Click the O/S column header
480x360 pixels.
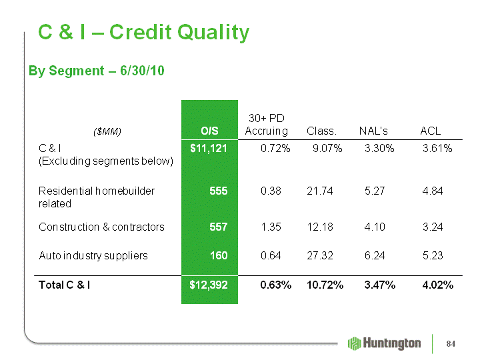pyautogui.click(x=209, y=131)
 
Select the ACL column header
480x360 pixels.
pyautogui.click(x=431, y=131)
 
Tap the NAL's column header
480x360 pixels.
pyautogui.click(x=373, y=131)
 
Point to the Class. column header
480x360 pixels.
pyautogui.click(x=321, y=131)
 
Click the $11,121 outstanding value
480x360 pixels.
pyautogui.click(x=209, y=149)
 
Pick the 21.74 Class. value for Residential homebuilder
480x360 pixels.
pyautogui.click(x=319, y=191)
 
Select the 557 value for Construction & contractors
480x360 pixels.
pyautogui.click(x=218, y=227)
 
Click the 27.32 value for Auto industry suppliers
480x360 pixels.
pyautogui.click(x=319, y=255)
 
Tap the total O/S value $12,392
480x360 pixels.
pyautogui.click(x=209, y=285)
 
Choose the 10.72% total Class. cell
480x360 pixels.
pyautogui.click(x=325, y=285)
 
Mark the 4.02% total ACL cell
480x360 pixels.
pyautogui.click(x=438, y=285)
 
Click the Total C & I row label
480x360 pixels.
pyautogui.click(x=64, y=285)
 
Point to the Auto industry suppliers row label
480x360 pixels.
pyautogui.click(x=93, y=255)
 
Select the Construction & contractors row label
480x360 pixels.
pyautogui.click(x=101, y=227)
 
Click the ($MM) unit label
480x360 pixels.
pyautogui.click(x=107, y=131)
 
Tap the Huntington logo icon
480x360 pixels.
pyautogui.click(x=355, y=343)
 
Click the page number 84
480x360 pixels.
pyautogui.click(x=451, y=344)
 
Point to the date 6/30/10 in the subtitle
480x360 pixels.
pyautogui.click(x=142, y=71)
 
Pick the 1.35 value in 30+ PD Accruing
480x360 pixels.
pyautogui.click(x=271, y=227)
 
